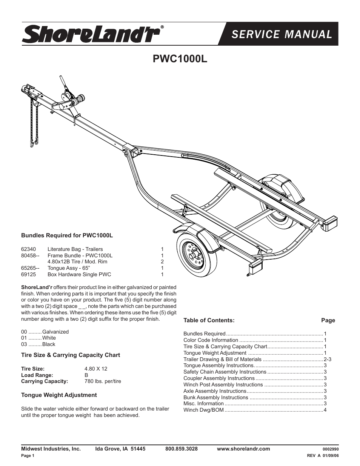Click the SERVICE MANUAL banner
(x=282, y=34)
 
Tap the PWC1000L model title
(x=180, y=59)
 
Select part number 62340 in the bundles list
(x=28, y=249)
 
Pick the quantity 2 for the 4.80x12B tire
(x=162, y=261)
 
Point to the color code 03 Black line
(x=38, y=344)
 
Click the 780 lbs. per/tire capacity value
(x=103, y=381)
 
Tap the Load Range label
(x=37, y=375)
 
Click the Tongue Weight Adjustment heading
(x=59, y=395)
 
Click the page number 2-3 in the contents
(x=327, y=359)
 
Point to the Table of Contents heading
(x=209, y=320)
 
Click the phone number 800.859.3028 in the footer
(x=181, y=449)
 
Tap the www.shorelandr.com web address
(x=243, y=449)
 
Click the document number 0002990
(x=331, y=449)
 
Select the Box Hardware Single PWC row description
(x=79, y=274)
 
